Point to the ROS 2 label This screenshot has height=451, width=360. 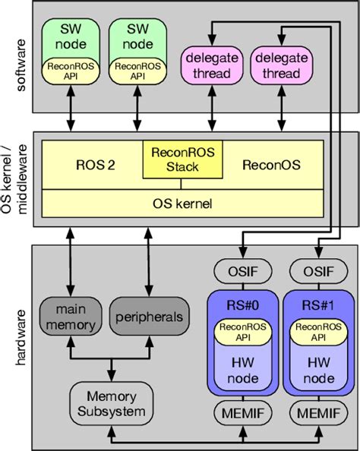pos(96,165)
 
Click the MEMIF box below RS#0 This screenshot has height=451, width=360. pos(240,414)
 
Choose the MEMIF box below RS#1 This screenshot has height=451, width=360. pos(314,414)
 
